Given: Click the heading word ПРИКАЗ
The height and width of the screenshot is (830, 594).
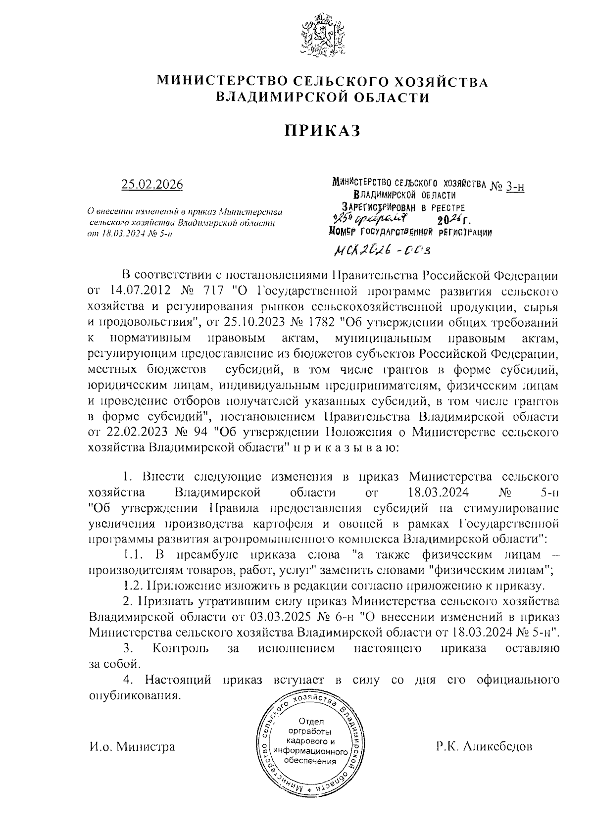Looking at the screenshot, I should click(x=321, y=130).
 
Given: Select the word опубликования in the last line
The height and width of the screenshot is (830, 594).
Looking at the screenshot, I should click(x=132, y=696).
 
